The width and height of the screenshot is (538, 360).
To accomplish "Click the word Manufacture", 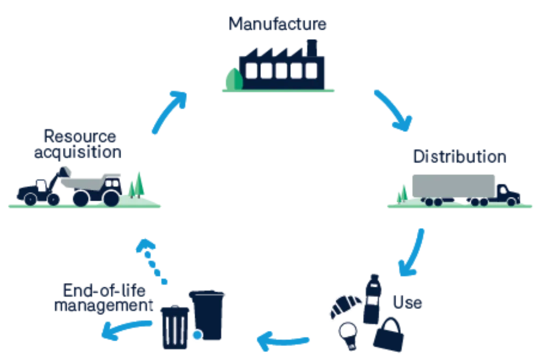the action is [x=277, y=24].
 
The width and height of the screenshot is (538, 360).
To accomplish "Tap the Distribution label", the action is [x=459, y=157].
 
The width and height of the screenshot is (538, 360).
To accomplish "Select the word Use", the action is [x=407, y=302].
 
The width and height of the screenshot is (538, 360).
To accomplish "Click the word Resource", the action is [x=80, y=136].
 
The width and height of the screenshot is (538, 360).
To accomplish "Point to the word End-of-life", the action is [x=104, y=291].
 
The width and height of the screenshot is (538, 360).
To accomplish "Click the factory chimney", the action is [x=312, y=48].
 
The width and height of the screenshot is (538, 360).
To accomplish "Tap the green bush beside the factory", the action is [x=234, y=79].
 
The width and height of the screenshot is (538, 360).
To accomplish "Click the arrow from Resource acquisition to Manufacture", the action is [x=167, y=111].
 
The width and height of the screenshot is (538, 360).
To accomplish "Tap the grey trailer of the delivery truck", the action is [x=453, y=186].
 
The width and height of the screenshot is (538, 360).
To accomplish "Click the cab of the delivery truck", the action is [x=507, y=195].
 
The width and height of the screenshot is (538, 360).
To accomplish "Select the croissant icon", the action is [x=344, y=305].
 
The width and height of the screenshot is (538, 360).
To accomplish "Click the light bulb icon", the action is [x=349, y=335].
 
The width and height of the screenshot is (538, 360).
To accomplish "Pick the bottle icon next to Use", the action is [x=373, y=299].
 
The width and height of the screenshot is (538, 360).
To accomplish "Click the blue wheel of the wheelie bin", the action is [x=197, y=335].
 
